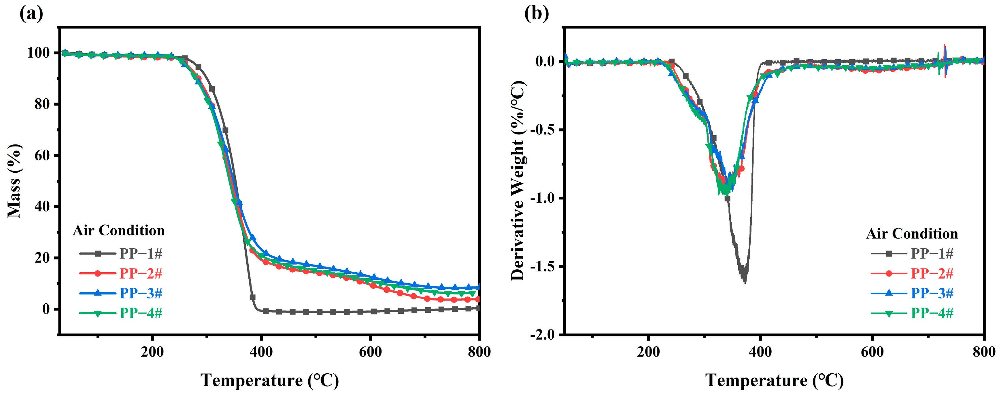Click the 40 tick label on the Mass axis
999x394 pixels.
42,206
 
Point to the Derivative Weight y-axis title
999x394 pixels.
518,180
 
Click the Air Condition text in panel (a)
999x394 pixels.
119,231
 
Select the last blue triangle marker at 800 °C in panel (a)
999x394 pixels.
479,287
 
